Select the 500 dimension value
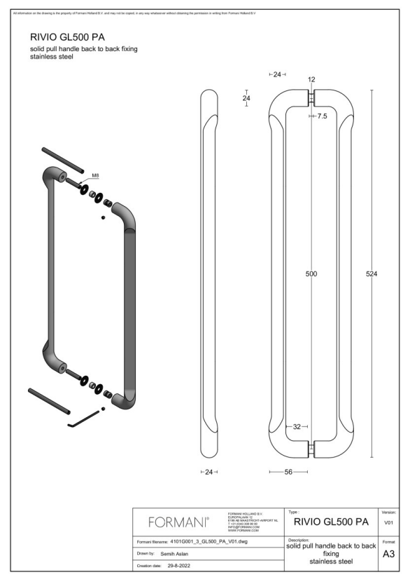311,274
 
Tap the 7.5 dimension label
321,116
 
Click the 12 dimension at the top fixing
311,80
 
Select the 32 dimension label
297,426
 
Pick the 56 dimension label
288,472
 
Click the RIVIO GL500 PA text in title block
332,522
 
